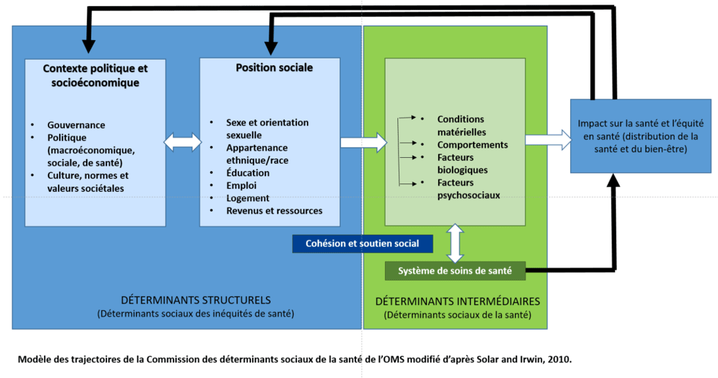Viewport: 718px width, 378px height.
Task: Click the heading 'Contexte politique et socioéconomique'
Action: [95, 75]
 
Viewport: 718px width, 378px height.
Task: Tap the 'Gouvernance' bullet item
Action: [76, 125]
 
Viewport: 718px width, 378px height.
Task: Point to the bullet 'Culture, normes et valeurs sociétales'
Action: [87, 182]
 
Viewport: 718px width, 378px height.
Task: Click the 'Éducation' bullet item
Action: [248, 173]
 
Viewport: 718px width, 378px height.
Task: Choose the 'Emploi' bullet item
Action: [241, 185]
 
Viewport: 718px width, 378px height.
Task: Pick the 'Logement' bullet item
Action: [248, 198]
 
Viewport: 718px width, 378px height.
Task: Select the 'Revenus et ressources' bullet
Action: [274, 210]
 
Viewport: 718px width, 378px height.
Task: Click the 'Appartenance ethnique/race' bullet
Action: [257, 154]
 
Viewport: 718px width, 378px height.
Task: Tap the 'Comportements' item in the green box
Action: [472, 145]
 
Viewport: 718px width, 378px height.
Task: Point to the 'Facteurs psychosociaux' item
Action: [468, 189]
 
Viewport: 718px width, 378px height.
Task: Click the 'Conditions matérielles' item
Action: [462, 126]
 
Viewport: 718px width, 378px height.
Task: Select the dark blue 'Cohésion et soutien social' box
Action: [362, 243]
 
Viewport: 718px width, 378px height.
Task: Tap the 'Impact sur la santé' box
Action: [640, 136]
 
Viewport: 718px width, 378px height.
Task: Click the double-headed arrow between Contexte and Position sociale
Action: [182, 141]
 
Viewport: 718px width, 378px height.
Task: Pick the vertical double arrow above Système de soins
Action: [455, 243]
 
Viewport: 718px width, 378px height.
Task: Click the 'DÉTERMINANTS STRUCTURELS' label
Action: [195, 300]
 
